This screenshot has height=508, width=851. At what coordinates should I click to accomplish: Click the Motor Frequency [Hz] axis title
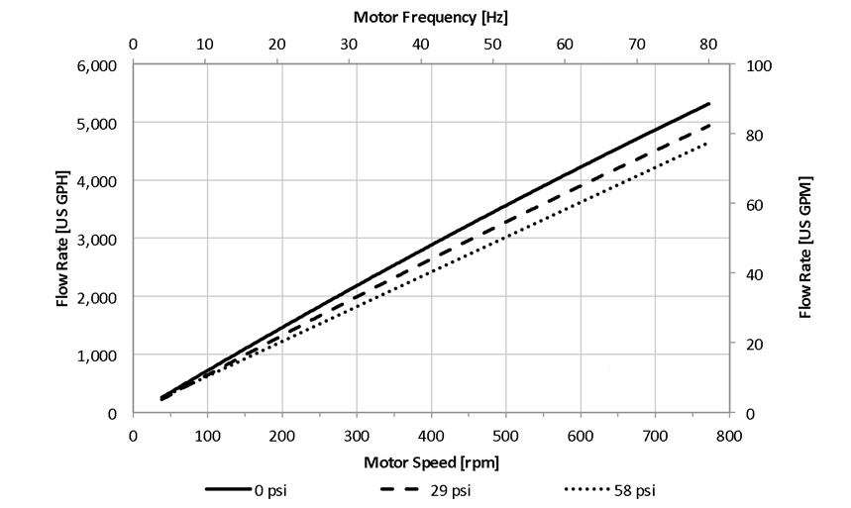pyautogui.click(x=431, y=18)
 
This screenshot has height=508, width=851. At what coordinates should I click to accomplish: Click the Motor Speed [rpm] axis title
pyautogui.click(x=431, y=461)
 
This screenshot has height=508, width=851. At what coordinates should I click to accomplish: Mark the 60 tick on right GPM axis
pyautogui.click(x=745, y=204)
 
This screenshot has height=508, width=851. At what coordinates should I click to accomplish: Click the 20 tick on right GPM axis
pyautogui.click(x=745, y=344)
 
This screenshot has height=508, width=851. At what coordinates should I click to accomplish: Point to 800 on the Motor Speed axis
pyautogui.click(x=728, y=434)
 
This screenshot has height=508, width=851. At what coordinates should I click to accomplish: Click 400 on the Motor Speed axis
pyautogui.click(x=431, y=434)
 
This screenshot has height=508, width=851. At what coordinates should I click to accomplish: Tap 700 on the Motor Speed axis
pyautogui.click(x=654, y=434)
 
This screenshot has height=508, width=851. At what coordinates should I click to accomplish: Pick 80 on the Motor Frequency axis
pyautogui.click(x=707, y=45)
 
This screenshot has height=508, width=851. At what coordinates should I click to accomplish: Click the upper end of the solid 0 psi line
pyautogui.click(x=709, y=103)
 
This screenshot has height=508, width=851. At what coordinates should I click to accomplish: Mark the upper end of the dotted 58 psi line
pyautogui.click(x=709, y=143)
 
